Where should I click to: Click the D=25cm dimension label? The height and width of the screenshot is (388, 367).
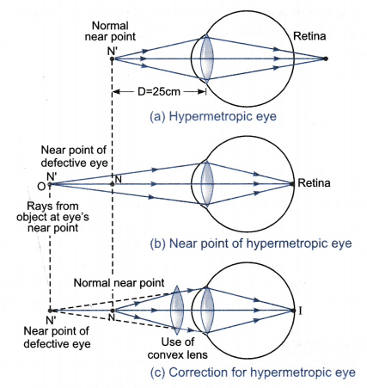(x=159, y=92)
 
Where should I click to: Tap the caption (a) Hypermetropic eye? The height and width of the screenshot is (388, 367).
(x=213, y=117)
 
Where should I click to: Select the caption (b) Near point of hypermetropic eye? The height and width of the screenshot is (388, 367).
(x=251, y=243)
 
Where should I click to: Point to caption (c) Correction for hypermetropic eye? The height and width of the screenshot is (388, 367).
(x=253, y=373)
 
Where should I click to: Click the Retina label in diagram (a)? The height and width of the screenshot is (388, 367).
(x=309, y=36)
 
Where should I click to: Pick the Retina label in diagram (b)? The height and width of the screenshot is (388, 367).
(x=314, y=182)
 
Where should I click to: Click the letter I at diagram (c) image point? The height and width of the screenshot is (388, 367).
(x=300, y=311)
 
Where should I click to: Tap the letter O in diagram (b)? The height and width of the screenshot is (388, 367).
(x=41, y=187)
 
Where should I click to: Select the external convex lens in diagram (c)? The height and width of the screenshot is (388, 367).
(x=177, y=310)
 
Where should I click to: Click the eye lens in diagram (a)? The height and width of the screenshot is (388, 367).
(x=206, y=59)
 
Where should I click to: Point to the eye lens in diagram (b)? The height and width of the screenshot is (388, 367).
(x=207, y=183)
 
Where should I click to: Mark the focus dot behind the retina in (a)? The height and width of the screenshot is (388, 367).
(x=325, y=59)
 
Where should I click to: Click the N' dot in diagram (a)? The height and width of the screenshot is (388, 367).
(x=113, y=59)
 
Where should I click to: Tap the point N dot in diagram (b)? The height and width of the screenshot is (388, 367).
(x=113, y=184)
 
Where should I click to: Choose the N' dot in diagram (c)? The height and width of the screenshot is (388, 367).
(x=50, y=311)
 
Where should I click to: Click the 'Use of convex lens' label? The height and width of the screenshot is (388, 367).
(x=178, y=348)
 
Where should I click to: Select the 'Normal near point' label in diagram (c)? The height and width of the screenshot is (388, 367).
(x=119, y=283)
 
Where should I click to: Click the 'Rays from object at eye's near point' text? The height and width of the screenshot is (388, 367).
(x=52, y=217)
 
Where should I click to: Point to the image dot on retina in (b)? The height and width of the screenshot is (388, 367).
(x=292, y=184)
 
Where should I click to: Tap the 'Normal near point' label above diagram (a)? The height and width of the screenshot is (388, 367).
(x=110, y=31)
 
